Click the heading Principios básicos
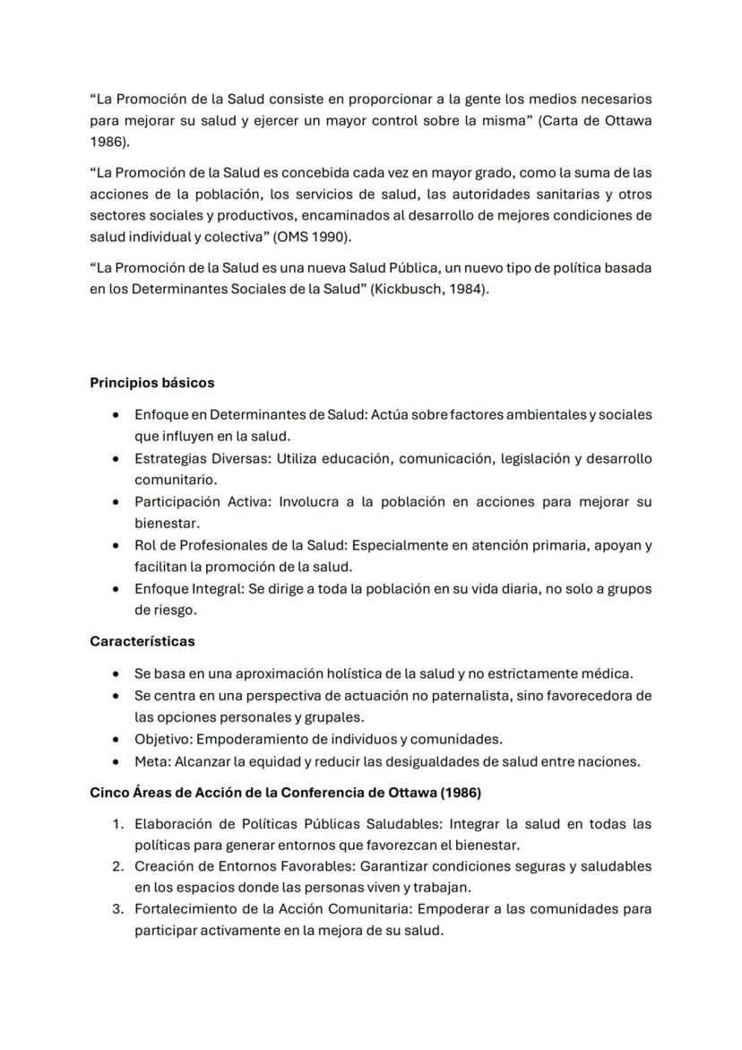pyautogui.click(x=151, y=383)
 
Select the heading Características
pyautogui.click(x=142, y=641)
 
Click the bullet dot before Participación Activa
pyautogui.click(x=116, y=502)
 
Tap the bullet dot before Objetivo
pyautogui.click(x=116, y=740)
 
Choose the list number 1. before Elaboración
pyautogui.click(x=117, y=823)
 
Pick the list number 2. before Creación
pyautogui.click(x=117, y=866)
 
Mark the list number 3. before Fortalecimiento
pyautogui.click(x=117, y=909)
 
